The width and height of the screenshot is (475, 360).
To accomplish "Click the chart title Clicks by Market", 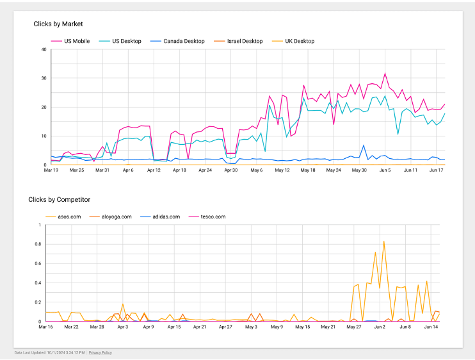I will pos(58,24).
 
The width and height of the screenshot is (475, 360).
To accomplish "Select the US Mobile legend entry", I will pos(76,41).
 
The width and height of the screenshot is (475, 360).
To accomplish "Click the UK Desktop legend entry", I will pos(299,41).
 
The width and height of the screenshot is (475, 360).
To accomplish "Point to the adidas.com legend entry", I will pos(165,217).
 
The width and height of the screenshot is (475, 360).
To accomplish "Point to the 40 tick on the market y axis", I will pos(44,49).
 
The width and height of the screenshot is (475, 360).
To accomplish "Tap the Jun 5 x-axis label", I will pos(385,170).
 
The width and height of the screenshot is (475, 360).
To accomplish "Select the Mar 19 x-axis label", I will pos(51,170).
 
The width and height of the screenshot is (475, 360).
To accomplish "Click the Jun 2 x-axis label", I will pos(380,327).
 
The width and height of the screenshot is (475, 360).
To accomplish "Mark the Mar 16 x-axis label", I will pos(46,327).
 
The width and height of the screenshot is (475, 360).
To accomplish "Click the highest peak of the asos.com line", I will pos(383,241).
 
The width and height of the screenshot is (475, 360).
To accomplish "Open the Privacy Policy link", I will pos(100,352).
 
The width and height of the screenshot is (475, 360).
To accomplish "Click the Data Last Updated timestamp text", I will pos(49,352).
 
